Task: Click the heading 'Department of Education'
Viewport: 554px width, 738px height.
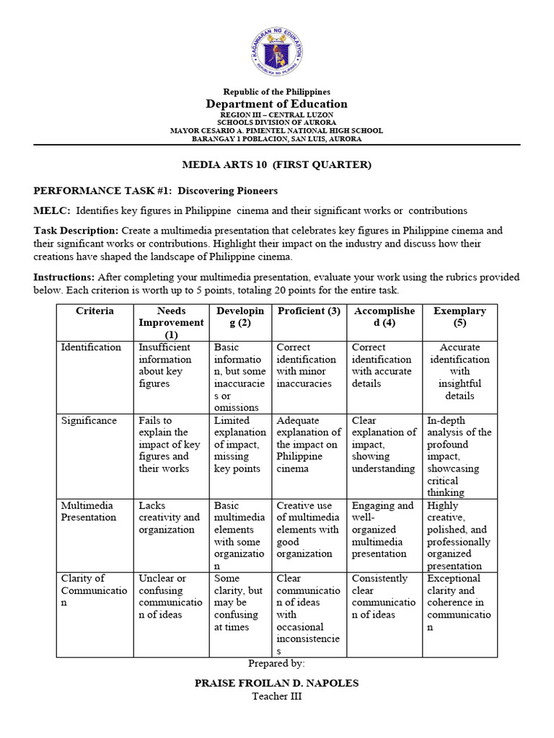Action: pos(276,104)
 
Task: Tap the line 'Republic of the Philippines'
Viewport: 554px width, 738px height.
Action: pos(276,92)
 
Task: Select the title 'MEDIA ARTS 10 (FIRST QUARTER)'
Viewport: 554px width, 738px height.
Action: pos(276,165)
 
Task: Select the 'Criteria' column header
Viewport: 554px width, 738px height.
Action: pos(94,311)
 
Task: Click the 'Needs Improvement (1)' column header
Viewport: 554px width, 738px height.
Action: pos(171,322)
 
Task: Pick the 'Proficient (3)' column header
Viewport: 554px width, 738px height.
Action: pos(308,311)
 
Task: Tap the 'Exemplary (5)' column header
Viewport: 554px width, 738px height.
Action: pos(460,316)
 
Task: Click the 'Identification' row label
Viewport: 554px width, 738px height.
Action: pos(91,347)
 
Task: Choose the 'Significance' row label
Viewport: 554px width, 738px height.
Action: pos(89,421)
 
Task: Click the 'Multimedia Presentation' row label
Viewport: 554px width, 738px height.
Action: pos(89,512)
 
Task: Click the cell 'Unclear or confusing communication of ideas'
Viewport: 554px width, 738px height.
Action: pos(170,597)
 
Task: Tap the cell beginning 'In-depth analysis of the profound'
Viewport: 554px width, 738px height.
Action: pos(459,456)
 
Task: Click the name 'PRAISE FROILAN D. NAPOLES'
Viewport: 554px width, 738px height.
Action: pos(276,682)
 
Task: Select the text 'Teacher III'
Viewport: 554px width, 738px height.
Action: pos(276,696)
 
